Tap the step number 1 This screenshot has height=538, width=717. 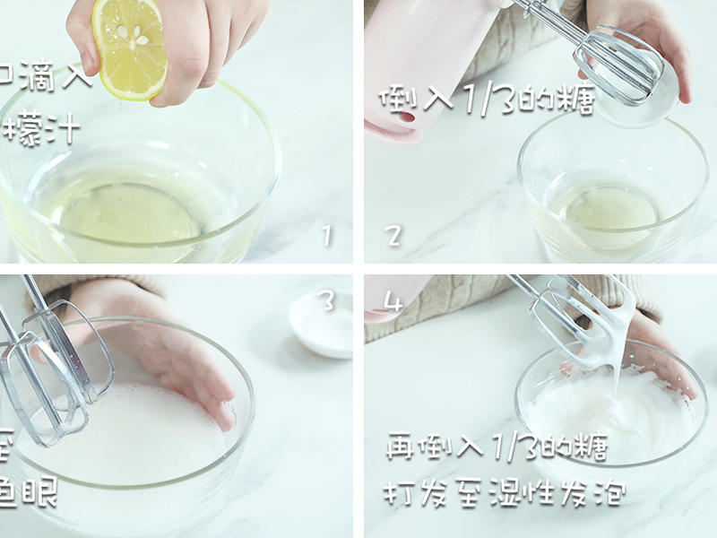[x=327, y=236]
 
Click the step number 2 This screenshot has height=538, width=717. [x=393, y=236]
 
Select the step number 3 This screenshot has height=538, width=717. [x=327, y=301]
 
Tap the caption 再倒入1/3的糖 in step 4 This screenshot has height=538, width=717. [x=496, y=446]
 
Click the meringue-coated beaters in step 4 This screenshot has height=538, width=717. [x=583, y=323]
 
